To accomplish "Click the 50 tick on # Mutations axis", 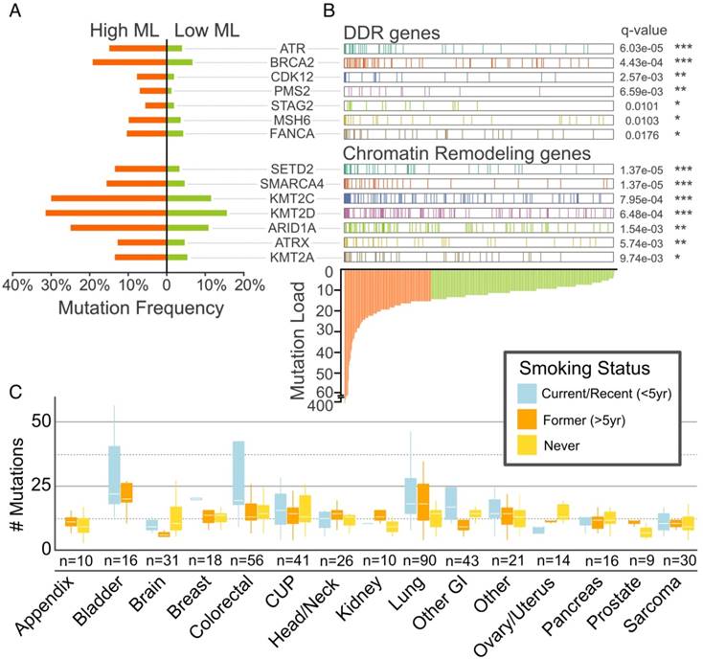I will click(x=36, y=421).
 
